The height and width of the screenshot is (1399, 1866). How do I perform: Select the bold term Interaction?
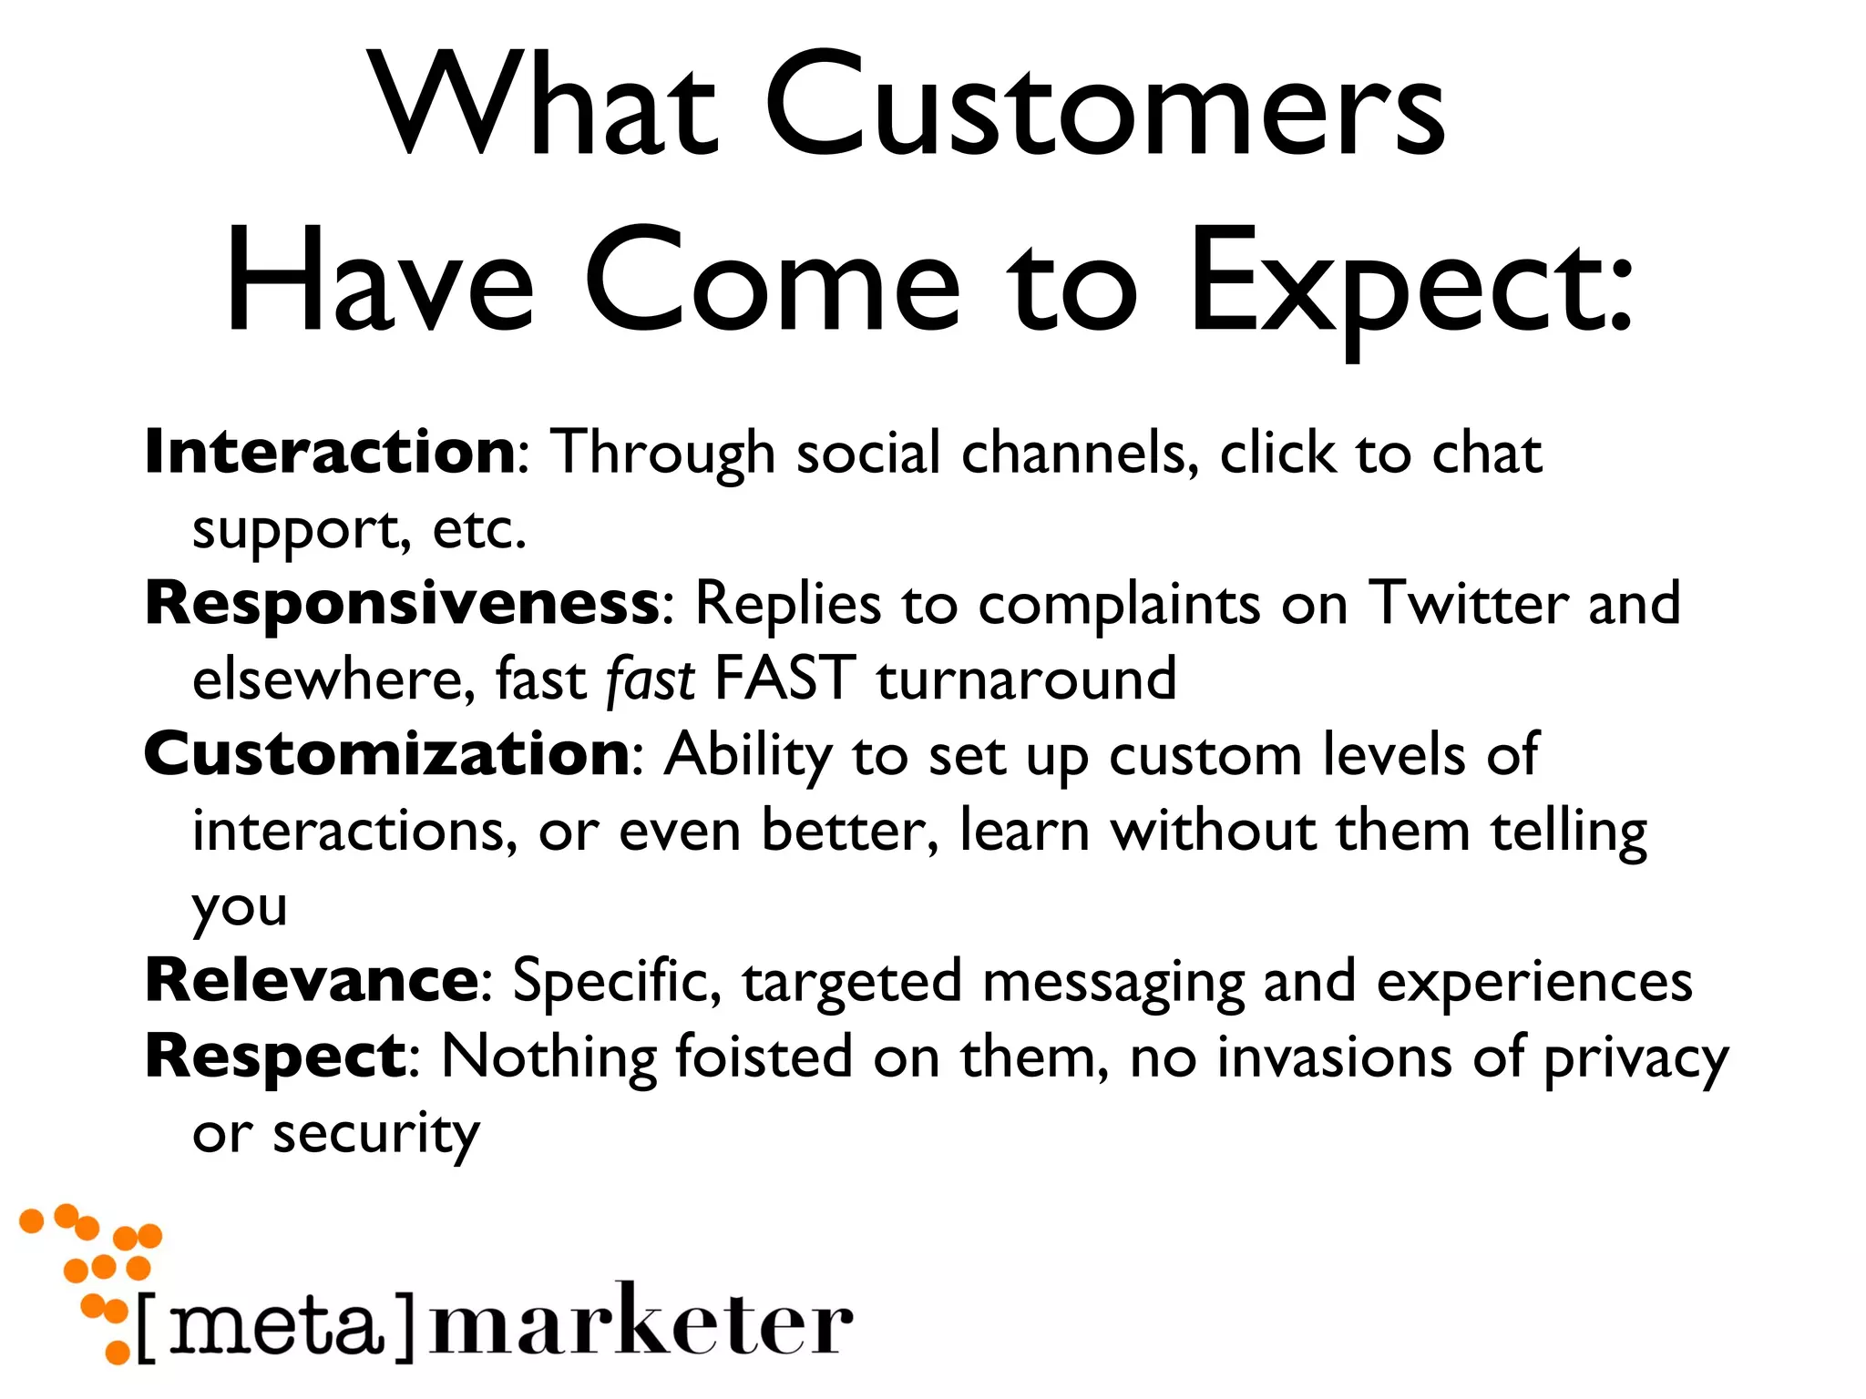[330, 453]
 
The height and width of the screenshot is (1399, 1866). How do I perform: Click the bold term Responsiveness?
[402, 603]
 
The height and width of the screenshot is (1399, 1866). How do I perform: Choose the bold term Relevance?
[311, 981]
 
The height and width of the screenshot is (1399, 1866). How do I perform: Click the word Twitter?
[1468, 603]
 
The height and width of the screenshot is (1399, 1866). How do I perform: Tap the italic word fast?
[650, 679]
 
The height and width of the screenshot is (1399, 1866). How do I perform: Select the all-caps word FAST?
[784, 679]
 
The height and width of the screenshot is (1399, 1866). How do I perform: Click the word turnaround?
[1026, 679]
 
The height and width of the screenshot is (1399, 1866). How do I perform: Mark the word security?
[375, 1135]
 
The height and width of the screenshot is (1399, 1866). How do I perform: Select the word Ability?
[747, 756]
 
